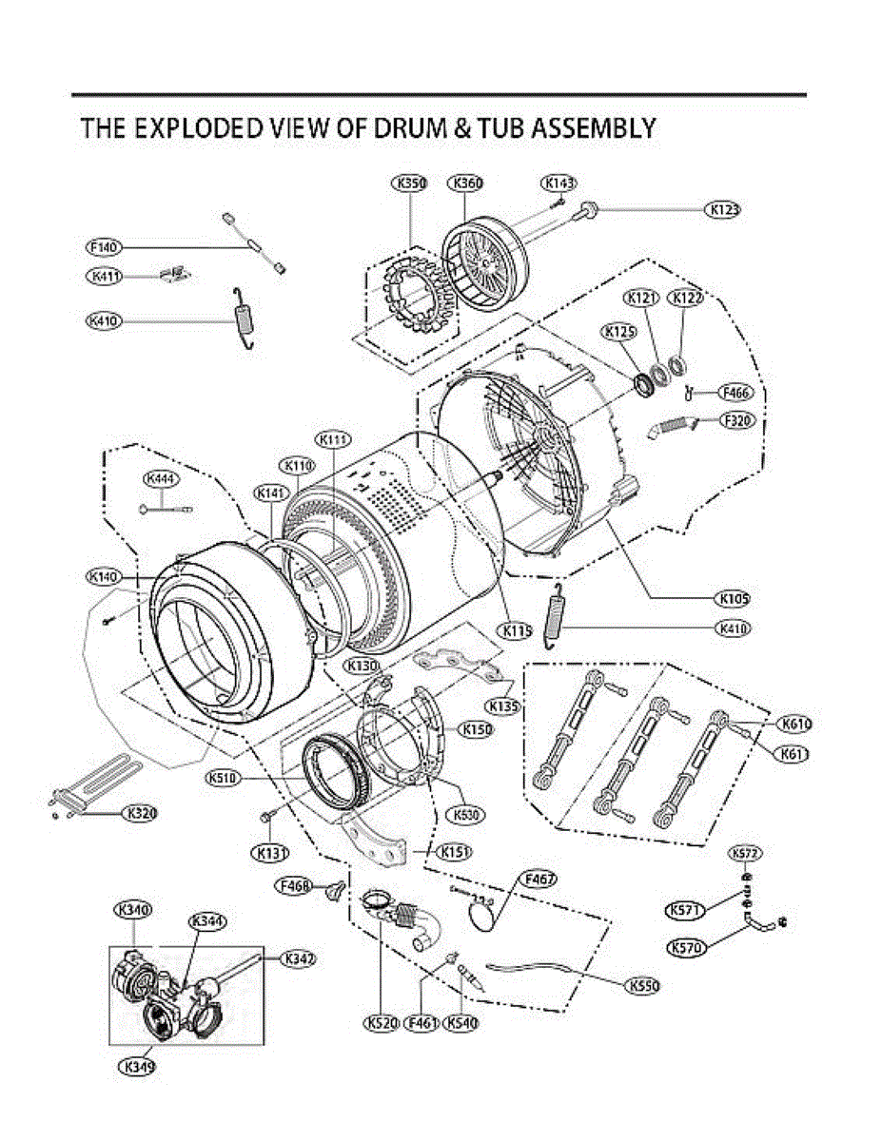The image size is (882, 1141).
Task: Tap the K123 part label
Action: (722, 209)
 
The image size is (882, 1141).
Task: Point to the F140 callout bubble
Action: (103, 247)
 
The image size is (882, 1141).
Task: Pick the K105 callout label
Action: (733, 599)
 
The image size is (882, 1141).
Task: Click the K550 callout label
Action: (643, 987)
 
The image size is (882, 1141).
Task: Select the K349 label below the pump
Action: (136, 1066)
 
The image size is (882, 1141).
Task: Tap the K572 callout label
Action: (745, 852)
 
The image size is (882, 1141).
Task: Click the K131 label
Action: (269, 853)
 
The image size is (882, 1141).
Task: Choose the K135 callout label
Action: (503, 706)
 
